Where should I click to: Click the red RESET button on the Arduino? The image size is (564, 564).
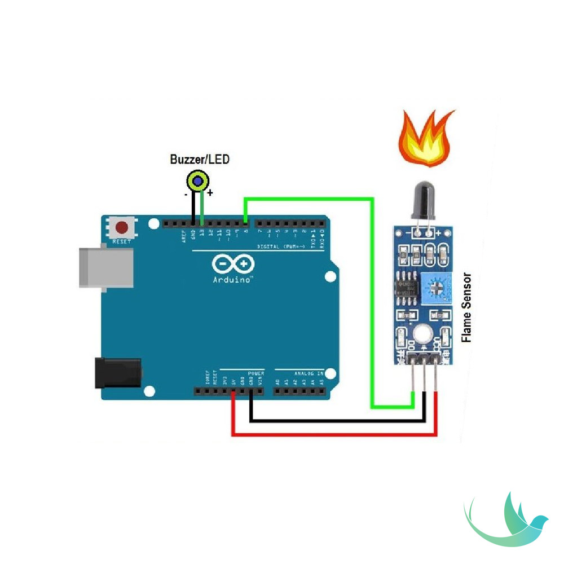tap(122, 228)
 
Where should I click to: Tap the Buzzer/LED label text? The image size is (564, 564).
tap(200, 160)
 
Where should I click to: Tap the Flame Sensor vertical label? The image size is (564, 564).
tap(466, 308)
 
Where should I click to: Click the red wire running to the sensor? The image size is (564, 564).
tap(333, 435)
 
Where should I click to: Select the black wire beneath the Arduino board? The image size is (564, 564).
tap(338, 420)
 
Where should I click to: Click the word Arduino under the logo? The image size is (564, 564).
tap(232, 279)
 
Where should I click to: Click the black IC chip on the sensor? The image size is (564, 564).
tap(406, 287)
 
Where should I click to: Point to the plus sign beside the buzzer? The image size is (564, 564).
tap(210, 193)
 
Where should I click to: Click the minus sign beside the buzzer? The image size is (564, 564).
tap(186, 194)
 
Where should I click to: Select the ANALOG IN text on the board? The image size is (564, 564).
tap(309, 373)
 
